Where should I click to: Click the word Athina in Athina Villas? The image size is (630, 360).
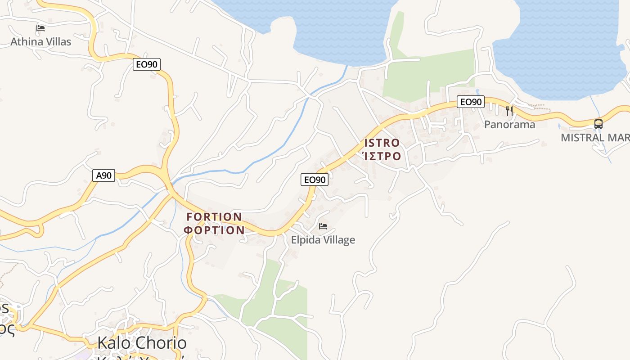pos(25,42)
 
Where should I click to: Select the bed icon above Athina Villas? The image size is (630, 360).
pos(40,28)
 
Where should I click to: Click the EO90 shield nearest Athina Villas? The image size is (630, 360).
pos(147,64)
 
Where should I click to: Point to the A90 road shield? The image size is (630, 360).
pos(104,175)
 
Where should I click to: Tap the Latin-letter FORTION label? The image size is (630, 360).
pos(215,217)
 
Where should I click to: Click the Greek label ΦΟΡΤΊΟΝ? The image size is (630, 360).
pos(215,230)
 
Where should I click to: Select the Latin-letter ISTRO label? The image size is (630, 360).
pos(382,143)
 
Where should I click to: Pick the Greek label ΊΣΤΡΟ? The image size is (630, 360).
pos(382,157)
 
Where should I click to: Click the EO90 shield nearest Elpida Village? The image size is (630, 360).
pos(315,180)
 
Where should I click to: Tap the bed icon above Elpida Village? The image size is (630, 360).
pos(323,226)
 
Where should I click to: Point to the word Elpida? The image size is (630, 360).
pos(306,240)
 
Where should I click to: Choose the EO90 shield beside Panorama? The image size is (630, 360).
pos(471,102)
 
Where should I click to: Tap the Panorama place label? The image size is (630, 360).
pos(509,125)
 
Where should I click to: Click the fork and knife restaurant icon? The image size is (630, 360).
pos(509,111)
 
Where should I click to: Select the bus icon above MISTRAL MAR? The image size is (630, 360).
pos(598,124)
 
